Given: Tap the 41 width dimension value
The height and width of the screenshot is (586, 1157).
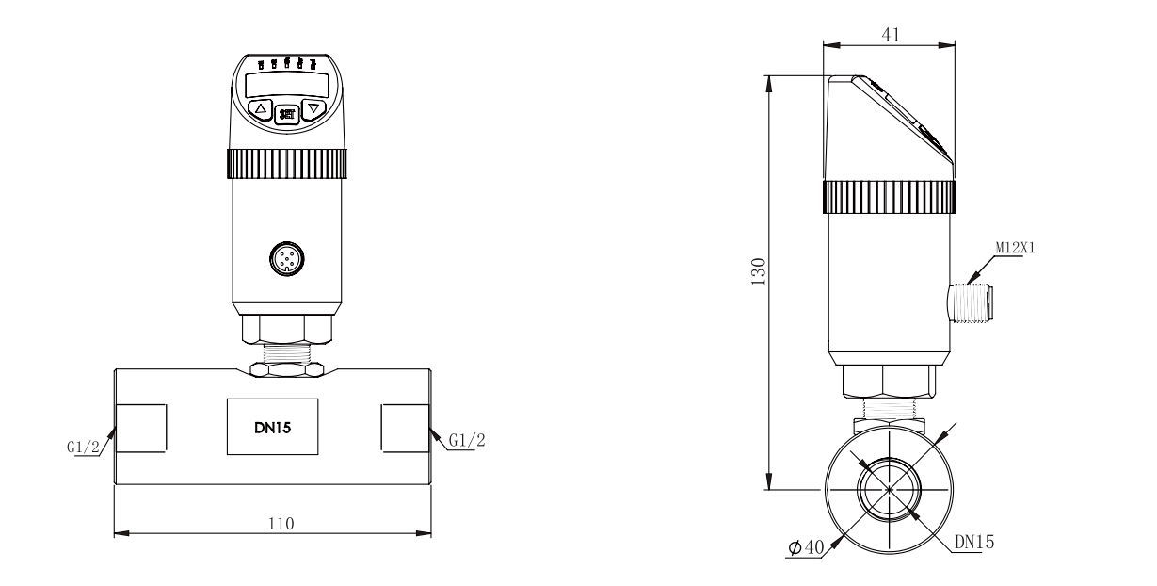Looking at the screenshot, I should click(891, 34).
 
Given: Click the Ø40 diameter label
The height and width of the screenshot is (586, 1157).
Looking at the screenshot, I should click(805, 547).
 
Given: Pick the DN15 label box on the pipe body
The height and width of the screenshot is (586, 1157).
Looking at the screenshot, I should click(272, 428).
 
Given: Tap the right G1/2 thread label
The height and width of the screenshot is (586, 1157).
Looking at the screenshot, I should click(467, 441).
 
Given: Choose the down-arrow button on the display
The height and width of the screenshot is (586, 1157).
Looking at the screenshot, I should click(314, 109).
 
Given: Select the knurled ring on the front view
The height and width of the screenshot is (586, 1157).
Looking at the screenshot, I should click(285, 164).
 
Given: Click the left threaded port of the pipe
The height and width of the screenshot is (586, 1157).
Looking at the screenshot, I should click(141, 428).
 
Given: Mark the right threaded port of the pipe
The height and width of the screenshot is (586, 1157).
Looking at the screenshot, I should click(406, 428).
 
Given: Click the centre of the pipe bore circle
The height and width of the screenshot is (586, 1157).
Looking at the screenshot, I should click(889, 489).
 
